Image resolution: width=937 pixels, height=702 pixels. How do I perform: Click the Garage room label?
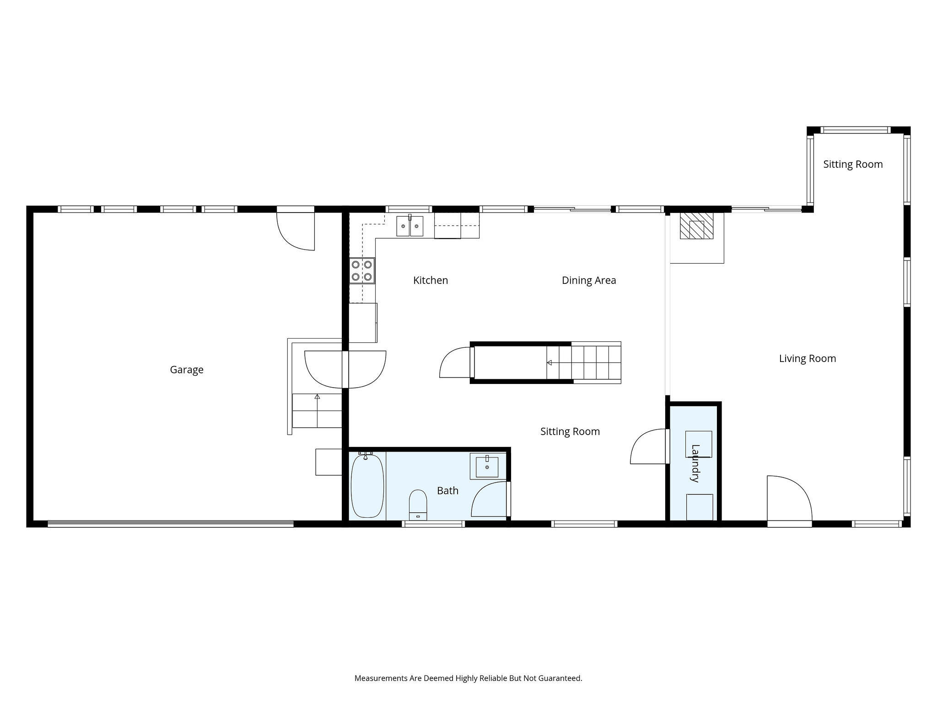(187, 370)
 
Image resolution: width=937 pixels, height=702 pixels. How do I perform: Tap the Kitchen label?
(431, 280)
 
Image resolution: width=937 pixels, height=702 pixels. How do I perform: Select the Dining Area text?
(589, 280)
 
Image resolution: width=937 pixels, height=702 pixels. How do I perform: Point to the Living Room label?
(808, 359)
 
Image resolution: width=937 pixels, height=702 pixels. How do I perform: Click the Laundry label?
(695, 463)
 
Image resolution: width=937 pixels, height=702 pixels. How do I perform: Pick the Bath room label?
(447, 491)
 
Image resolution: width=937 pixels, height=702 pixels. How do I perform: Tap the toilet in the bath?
(418, 505)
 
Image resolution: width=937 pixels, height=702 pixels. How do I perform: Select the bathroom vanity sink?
(487, 466)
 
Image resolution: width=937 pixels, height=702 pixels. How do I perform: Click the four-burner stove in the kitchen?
(362, 271)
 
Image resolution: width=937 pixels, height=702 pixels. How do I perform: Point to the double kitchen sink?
(410, 226)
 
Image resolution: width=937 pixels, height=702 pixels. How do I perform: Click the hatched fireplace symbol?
(696, 226)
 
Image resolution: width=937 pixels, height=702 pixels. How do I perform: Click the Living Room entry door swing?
(790, 498)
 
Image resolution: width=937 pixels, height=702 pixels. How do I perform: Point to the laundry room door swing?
(648, 447)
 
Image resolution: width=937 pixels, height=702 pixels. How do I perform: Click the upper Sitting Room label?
(853, 165)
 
